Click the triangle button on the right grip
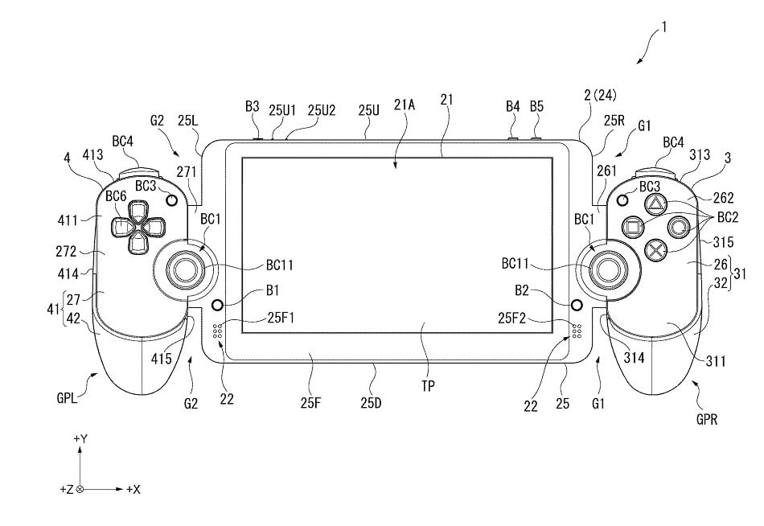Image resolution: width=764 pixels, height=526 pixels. click(x=655, y=204)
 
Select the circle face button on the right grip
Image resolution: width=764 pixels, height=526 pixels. click(x=679, y=226)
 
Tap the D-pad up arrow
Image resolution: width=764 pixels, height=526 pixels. click(x=138, y=212)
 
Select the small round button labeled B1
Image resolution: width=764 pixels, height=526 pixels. click(x=216, y=306)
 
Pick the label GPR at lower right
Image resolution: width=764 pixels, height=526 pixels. click(x=709, y=418)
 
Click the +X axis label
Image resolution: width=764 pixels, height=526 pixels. click(x=133, y=489)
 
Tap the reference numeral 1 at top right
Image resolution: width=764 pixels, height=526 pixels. click(x=663, y=27)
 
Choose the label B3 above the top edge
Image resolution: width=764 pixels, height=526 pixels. click(x=253, y=106)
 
